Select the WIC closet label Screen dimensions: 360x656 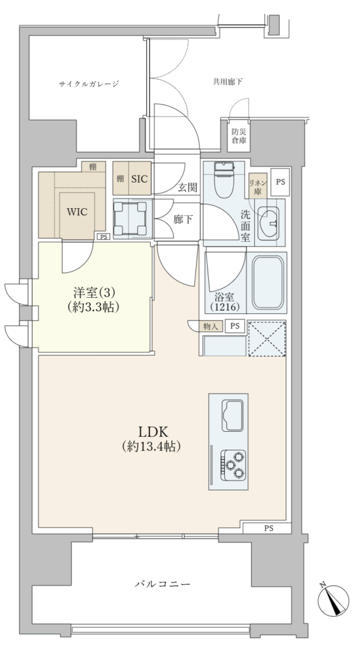point(78,211)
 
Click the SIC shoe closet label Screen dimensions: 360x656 point(139,179)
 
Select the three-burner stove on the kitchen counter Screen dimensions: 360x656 point(233,464)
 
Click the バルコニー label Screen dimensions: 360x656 point(163,584)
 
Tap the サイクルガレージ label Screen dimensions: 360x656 point(88,84)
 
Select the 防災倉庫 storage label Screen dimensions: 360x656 point(239,136)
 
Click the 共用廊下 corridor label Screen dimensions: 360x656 point(227,82)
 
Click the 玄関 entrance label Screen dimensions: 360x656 point(187,188)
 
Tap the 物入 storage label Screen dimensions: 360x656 point(211,326)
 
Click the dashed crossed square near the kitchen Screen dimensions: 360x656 point(266,338)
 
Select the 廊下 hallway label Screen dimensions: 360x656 point(183,219)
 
